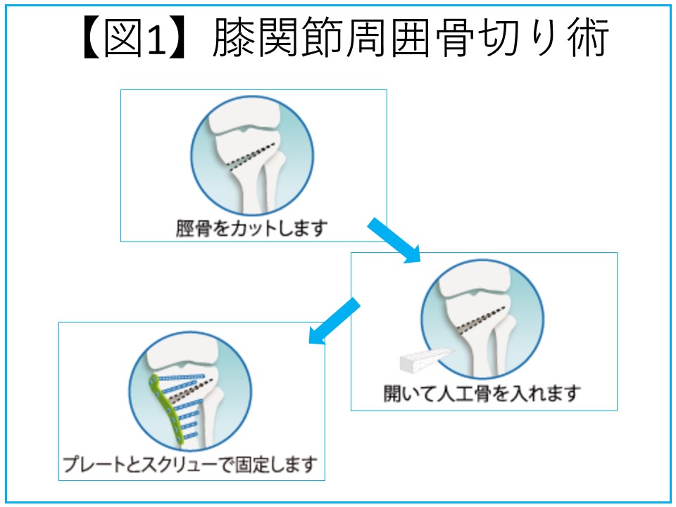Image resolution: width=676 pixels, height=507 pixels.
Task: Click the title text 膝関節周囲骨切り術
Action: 411,38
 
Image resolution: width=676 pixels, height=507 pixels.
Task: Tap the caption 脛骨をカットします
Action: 252,228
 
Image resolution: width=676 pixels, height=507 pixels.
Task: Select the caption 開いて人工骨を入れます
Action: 482,393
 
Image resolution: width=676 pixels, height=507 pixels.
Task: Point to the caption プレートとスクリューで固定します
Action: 191,464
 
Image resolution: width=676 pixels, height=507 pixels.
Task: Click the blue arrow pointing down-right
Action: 394,240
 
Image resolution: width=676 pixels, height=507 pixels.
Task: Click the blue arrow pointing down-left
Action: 334,321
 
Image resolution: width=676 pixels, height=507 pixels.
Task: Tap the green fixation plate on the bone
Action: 165,410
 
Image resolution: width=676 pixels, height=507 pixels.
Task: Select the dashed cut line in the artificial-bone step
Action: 481,321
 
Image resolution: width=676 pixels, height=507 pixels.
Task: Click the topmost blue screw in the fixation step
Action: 182,377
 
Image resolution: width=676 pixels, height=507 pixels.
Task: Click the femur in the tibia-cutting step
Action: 244,115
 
